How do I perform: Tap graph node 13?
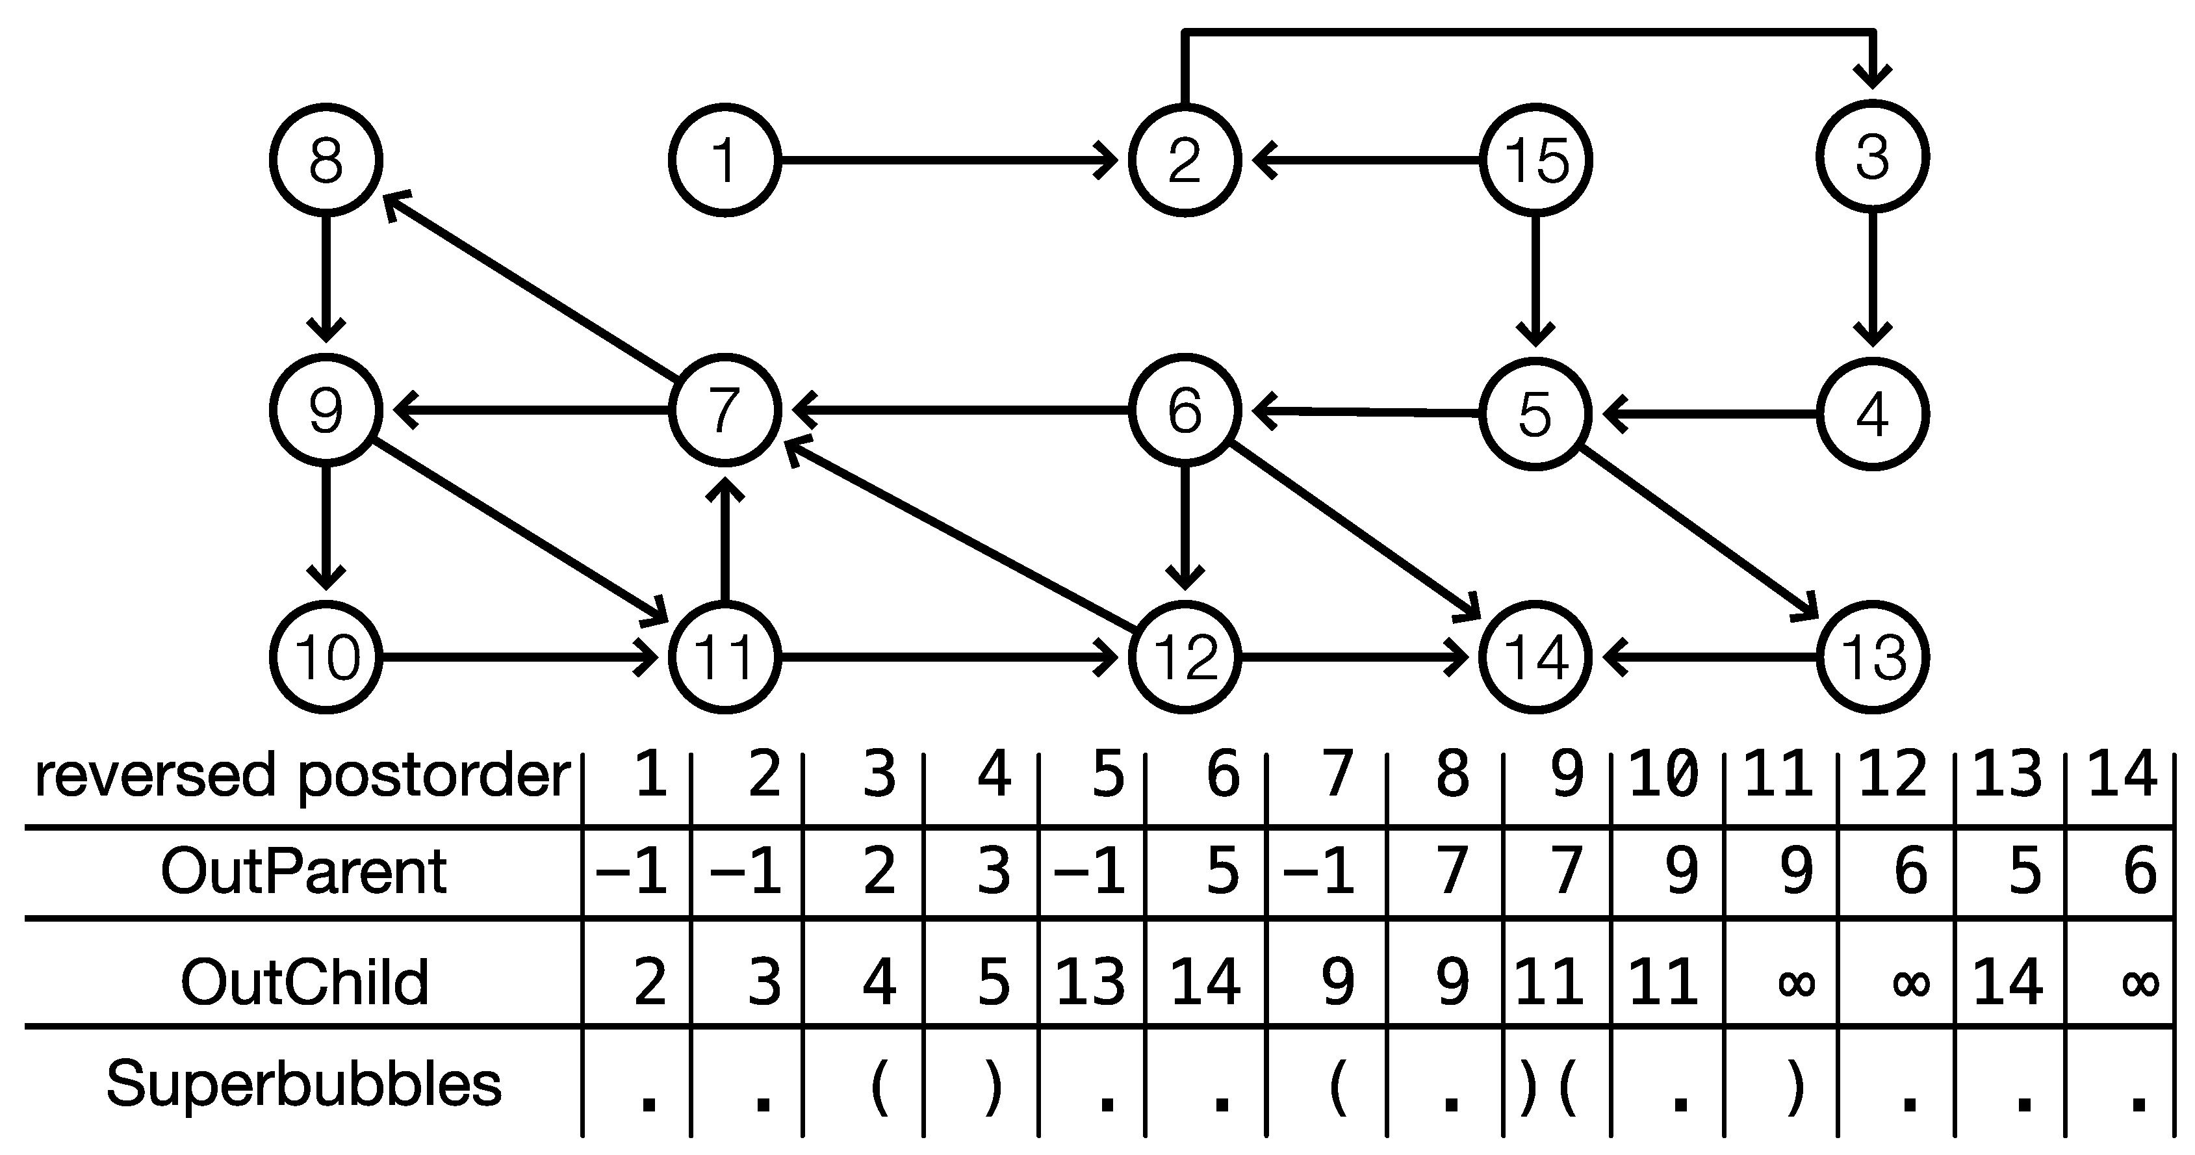point(1873,657)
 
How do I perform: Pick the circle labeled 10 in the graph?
point(326,657)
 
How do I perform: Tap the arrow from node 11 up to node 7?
point(725,541)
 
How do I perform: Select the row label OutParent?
point(303,871)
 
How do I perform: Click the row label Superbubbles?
point(303,1084)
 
